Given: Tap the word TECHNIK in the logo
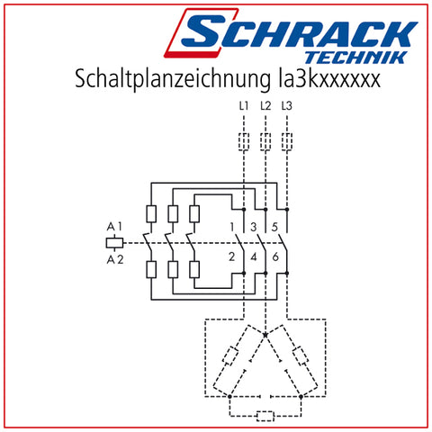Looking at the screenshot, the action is pos(356,58).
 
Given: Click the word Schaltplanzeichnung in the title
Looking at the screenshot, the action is pos(173,79).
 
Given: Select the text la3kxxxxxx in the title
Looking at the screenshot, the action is pos(328,78).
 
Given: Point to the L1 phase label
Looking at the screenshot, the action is pos(244,105).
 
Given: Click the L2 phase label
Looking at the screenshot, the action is pos(265,105).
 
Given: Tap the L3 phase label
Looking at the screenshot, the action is pos(287,105).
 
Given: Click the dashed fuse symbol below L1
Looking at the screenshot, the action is pos(244,141).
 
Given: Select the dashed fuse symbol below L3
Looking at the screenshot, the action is pos(287,141).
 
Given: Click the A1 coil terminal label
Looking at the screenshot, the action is pos(114,227).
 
